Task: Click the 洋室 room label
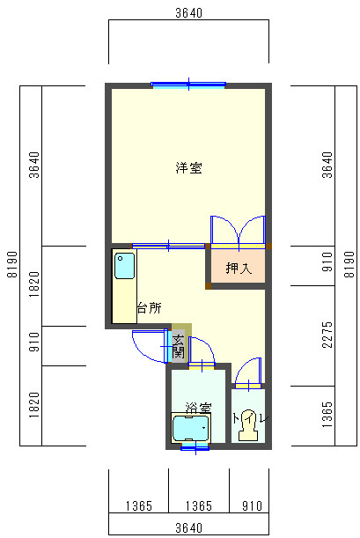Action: tap(188, 167)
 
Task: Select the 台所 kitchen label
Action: tap(149, 308)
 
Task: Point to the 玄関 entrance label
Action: tap(178, 346)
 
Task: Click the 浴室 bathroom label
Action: tap(197, 408)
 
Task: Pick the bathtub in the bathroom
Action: tap(191, 429)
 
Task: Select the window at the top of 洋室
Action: tap(188, 85)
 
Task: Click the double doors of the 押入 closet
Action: tap(238, 230)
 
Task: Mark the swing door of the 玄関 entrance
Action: tap(148, 345)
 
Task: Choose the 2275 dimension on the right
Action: tap(327, 335)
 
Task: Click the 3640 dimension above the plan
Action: tap(188, 12)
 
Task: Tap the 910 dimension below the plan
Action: tap(251, 505)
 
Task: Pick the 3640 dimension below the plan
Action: tap(188, 527)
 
